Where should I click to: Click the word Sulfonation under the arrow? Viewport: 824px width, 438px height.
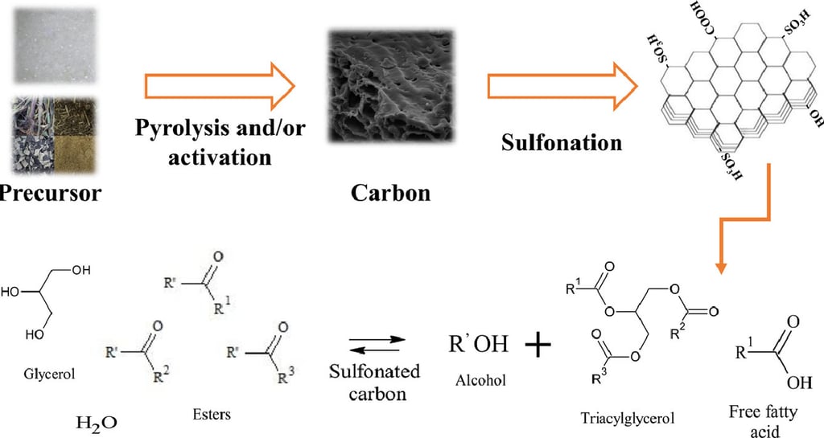562,143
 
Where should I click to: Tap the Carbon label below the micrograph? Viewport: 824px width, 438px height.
389,193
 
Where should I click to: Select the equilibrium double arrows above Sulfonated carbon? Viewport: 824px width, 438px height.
375,343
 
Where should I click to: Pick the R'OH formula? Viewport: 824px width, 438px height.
479,345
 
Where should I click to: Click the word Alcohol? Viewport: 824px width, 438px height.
480,380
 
